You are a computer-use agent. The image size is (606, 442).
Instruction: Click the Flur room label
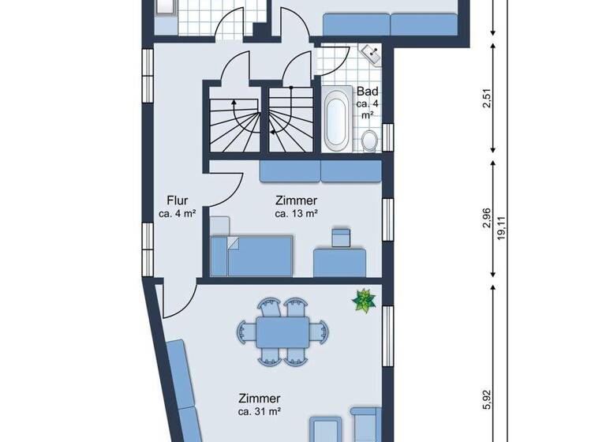pos(177,206)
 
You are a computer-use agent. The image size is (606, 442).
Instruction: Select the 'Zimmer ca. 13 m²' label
pos(296,207)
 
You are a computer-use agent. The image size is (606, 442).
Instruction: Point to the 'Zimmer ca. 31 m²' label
pos(260,405)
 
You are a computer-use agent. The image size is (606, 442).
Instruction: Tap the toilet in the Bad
pos(368,140)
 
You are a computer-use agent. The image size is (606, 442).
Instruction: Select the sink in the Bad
pos(371,53)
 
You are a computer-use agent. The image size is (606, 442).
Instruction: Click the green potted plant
pos(365,301)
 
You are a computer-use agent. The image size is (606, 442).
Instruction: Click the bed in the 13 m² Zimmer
pos(252,257)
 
